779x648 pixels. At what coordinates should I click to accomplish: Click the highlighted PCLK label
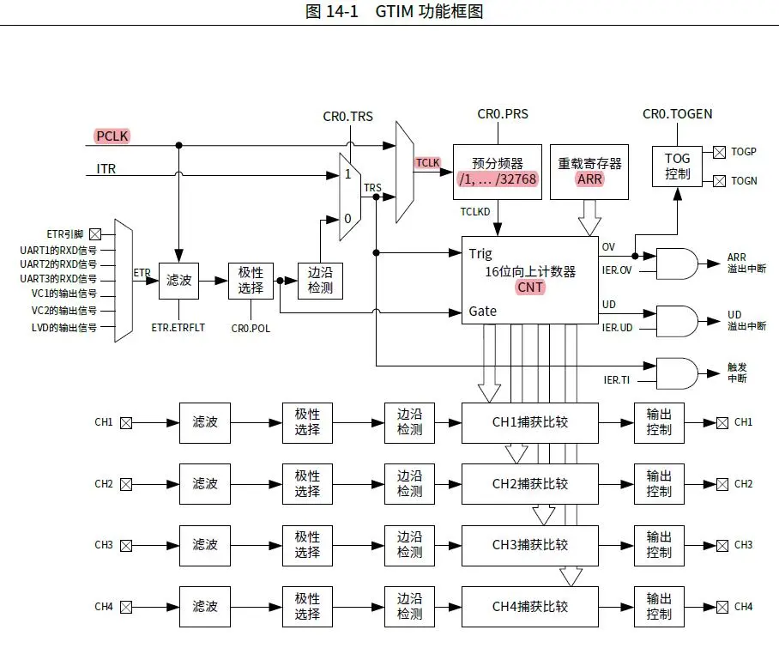point(112,135)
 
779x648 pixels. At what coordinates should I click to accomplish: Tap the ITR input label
point(106,169)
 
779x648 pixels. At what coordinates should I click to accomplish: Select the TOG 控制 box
point(677,167)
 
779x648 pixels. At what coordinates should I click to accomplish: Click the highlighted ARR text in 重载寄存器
point(589,179)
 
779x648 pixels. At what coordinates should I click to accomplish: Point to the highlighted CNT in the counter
point(530,288)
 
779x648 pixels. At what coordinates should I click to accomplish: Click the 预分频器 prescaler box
point(497,172)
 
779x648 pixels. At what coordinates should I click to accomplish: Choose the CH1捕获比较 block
point(529,422)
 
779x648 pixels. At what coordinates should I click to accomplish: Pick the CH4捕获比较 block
point(529,607)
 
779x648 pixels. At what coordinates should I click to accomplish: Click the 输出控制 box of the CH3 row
point(659,545)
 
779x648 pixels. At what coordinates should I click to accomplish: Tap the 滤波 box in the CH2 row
point(204,484)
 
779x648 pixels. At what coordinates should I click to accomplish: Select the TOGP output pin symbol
point(719,152)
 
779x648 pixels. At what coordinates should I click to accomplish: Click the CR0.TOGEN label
point(677,114)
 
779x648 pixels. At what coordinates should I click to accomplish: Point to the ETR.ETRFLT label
point(178,327)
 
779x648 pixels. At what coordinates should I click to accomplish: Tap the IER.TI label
point(618,379)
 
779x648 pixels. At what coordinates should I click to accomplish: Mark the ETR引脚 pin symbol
point(95,233)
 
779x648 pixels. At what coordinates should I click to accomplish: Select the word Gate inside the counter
point(483,311)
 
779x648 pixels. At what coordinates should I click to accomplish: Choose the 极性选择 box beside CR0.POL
point(251,280)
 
